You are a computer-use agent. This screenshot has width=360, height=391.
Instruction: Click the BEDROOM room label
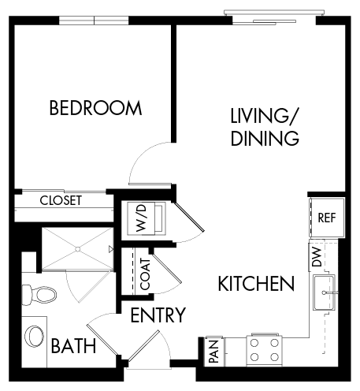(x=95, y=108)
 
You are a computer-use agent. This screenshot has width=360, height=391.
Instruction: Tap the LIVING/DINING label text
(x=264, y=128)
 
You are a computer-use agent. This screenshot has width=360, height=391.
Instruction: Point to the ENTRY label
(x=158, y=316)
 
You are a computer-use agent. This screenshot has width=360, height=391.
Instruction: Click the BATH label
(x=73, y=345)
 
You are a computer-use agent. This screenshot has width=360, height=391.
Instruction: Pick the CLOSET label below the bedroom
(x=61, y=200)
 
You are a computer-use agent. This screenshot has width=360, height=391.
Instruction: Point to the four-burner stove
(x=265, y=348)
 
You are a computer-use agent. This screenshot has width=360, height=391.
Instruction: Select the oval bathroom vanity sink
(x=34, y=337)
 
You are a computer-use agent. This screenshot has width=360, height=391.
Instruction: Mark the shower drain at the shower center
(x=78, y=248)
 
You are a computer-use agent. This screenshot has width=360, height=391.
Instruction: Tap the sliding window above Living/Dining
(x=272, y=13)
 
